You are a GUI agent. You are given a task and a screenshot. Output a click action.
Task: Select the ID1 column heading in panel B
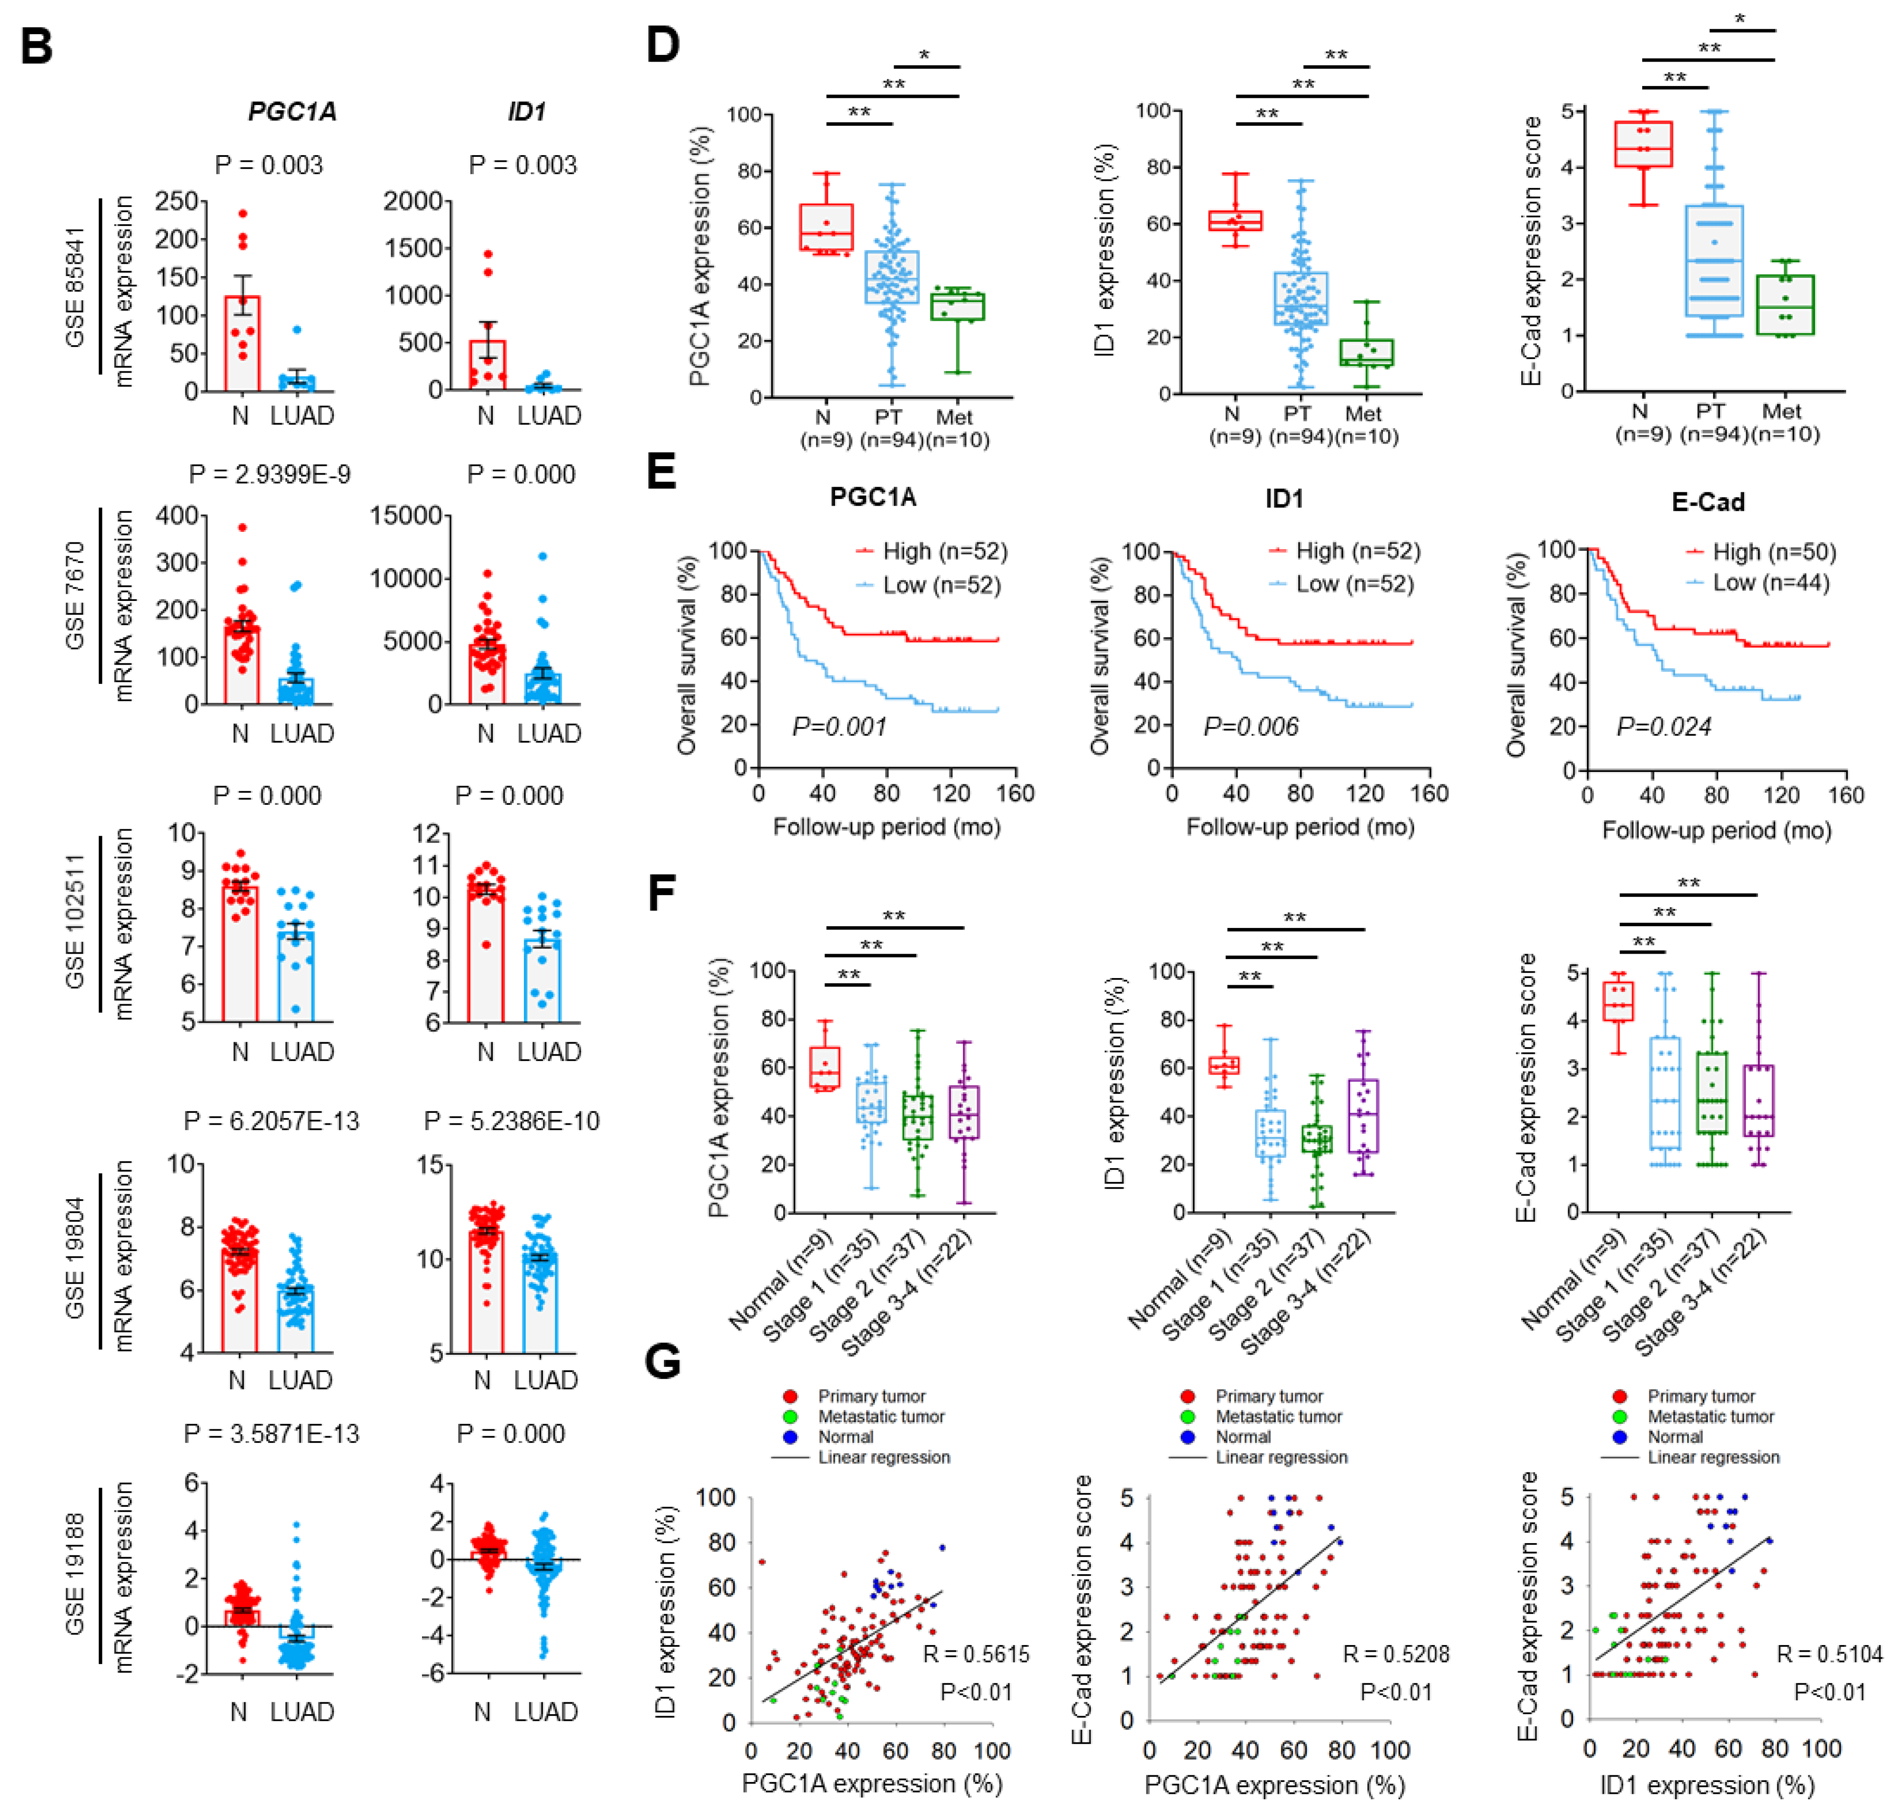click(527, 112)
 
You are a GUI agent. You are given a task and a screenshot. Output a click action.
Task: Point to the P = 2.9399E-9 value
click(269, 475)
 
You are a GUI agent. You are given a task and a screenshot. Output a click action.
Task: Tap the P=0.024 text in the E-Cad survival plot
click(1664, 727)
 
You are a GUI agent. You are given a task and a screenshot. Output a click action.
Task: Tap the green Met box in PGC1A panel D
click(957, 306)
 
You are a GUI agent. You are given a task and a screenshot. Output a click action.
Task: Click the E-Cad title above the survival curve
click(1707, 503)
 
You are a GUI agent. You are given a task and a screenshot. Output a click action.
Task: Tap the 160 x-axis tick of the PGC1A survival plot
click(1015, 793)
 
